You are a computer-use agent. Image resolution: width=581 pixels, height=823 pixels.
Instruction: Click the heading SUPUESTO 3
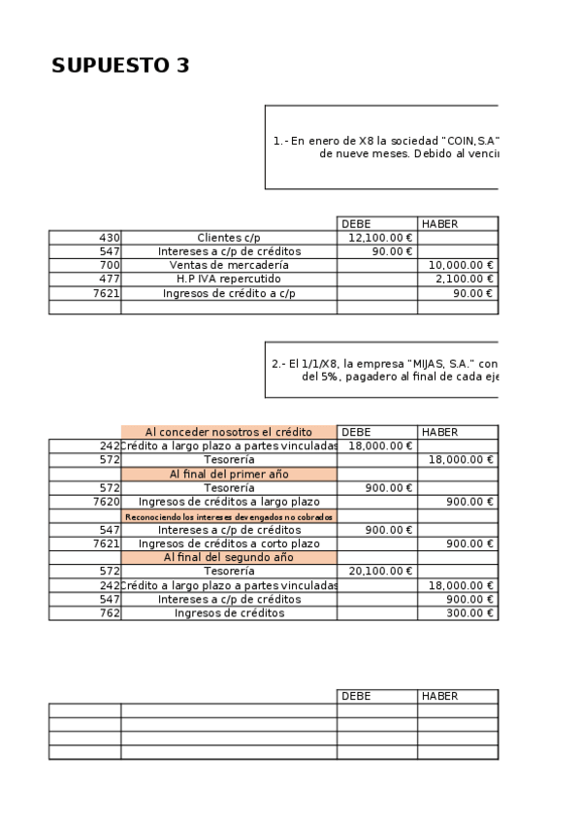pyautogui.click(x=120, y=66)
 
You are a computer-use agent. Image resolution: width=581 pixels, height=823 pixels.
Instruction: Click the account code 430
pyautogui.click(x=109, y=238)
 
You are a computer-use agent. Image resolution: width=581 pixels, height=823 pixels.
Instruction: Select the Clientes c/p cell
pyautogui.click(x=229, y=238)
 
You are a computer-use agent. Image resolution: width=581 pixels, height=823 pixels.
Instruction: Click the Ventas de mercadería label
pyautogui.click(x=229, y=265)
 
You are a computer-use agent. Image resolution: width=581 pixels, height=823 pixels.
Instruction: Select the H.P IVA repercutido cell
pyautogui.click(x=229, y=279)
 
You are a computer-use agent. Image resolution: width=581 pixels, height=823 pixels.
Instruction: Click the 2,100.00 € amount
pyautogui.click(x=467, y=279)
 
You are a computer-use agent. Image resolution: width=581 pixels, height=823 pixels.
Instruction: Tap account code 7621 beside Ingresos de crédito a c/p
pyautogui.click(x=106, y=292)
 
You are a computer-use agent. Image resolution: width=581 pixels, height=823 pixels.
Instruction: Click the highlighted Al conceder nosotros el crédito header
pyautogui.click(x=228, y=432)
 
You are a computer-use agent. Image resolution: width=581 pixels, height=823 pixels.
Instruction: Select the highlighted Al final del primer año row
pyautogui.click(x=228, y=475)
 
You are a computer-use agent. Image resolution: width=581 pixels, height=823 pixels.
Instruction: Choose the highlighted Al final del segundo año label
pyautogui.click(x=228, y=558)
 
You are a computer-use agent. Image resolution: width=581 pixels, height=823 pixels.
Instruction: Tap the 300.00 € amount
pyautogui.click(x=473, y=613)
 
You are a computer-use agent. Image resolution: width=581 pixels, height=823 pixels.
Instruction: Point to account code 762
pyautogui.click(x=109, y=613)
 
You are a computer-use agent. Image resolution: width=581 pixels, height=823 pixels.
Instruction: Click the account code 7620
pyautogui.click(x=106, y=502)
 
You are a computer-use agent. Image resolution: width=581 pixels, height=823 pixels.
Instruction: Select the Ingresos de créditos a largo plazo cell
pyautogui.click(x=229, y=502)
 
